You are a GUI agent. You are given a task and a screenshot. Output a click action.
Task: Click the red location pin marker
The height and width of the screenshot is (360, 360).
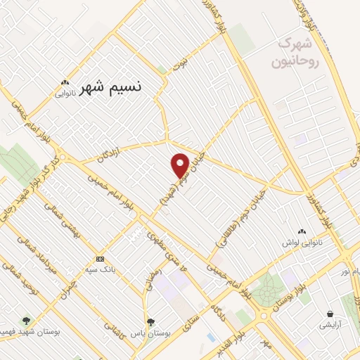(180, 165)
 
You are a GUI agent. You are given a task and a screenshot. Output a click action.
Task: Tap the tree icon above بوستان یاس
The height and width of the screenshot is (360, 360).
(148, 321)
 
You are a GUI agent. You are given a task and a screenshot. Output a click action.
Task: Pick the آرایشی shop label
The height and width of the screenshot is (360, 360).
(330, 326)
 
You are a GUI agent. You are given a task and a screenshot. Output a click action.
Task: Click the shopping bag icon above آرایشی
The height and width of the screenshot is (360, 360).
(330, 314)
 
